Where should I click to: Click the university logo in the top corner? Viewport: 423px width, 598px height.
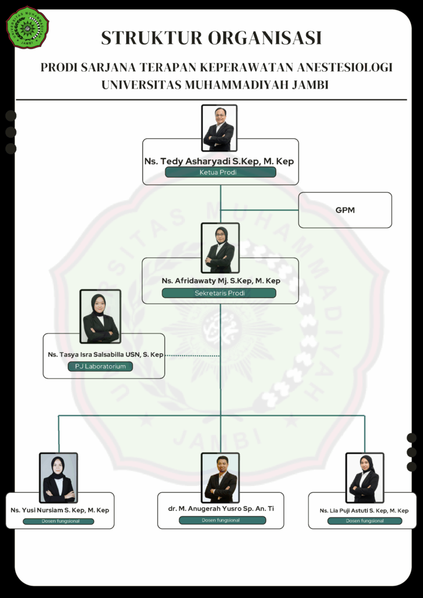(x=27, y=27)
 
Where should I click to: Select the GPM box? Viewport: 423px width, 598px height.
(x=345, y=210)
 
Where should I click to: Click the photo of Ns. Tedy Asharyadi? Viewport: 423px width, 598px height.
(x=219, y=128)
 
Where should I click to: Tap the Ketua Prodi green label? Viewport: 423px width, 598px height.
(x=220, y=172)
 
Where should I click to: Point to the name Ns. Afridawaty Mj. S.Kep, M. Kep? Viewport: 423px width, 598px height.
(x=221, y=281)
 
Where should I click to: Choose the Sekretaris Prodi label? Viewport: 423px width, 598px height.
(x=219, y=293)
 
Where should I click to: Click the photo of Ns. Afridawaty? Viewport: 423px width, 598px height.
(x=220, y=248)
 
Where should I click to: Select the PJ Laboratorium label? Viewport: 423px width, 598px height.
(x=100, y=366)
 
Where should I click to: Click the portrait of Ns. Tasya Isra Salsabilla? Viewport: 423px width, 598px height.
(x=100, y=317)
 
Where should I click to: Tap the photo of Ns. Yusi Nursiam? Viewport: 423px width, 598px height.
(x=58, y=478)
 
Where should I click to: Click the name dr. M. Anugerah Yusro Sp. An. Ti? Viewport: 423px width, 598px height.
(x=221, y=509)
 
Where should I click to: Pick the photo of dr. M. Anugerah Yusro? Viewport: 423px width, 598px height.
(x=220, y=478)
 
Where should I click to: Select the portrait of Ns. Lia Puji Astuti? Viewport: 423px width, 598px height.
(x=365, y=478)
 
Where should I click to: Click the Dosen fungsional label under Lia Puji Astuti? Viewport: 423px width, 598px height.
(x=365, y=521)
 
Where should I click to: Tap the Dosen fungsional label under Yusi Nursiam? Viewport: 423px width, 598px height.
(x=60, y=521)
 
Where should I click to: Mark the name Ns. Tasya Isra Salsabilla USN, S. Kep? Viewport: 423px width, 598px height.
(x=105, y=354)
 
